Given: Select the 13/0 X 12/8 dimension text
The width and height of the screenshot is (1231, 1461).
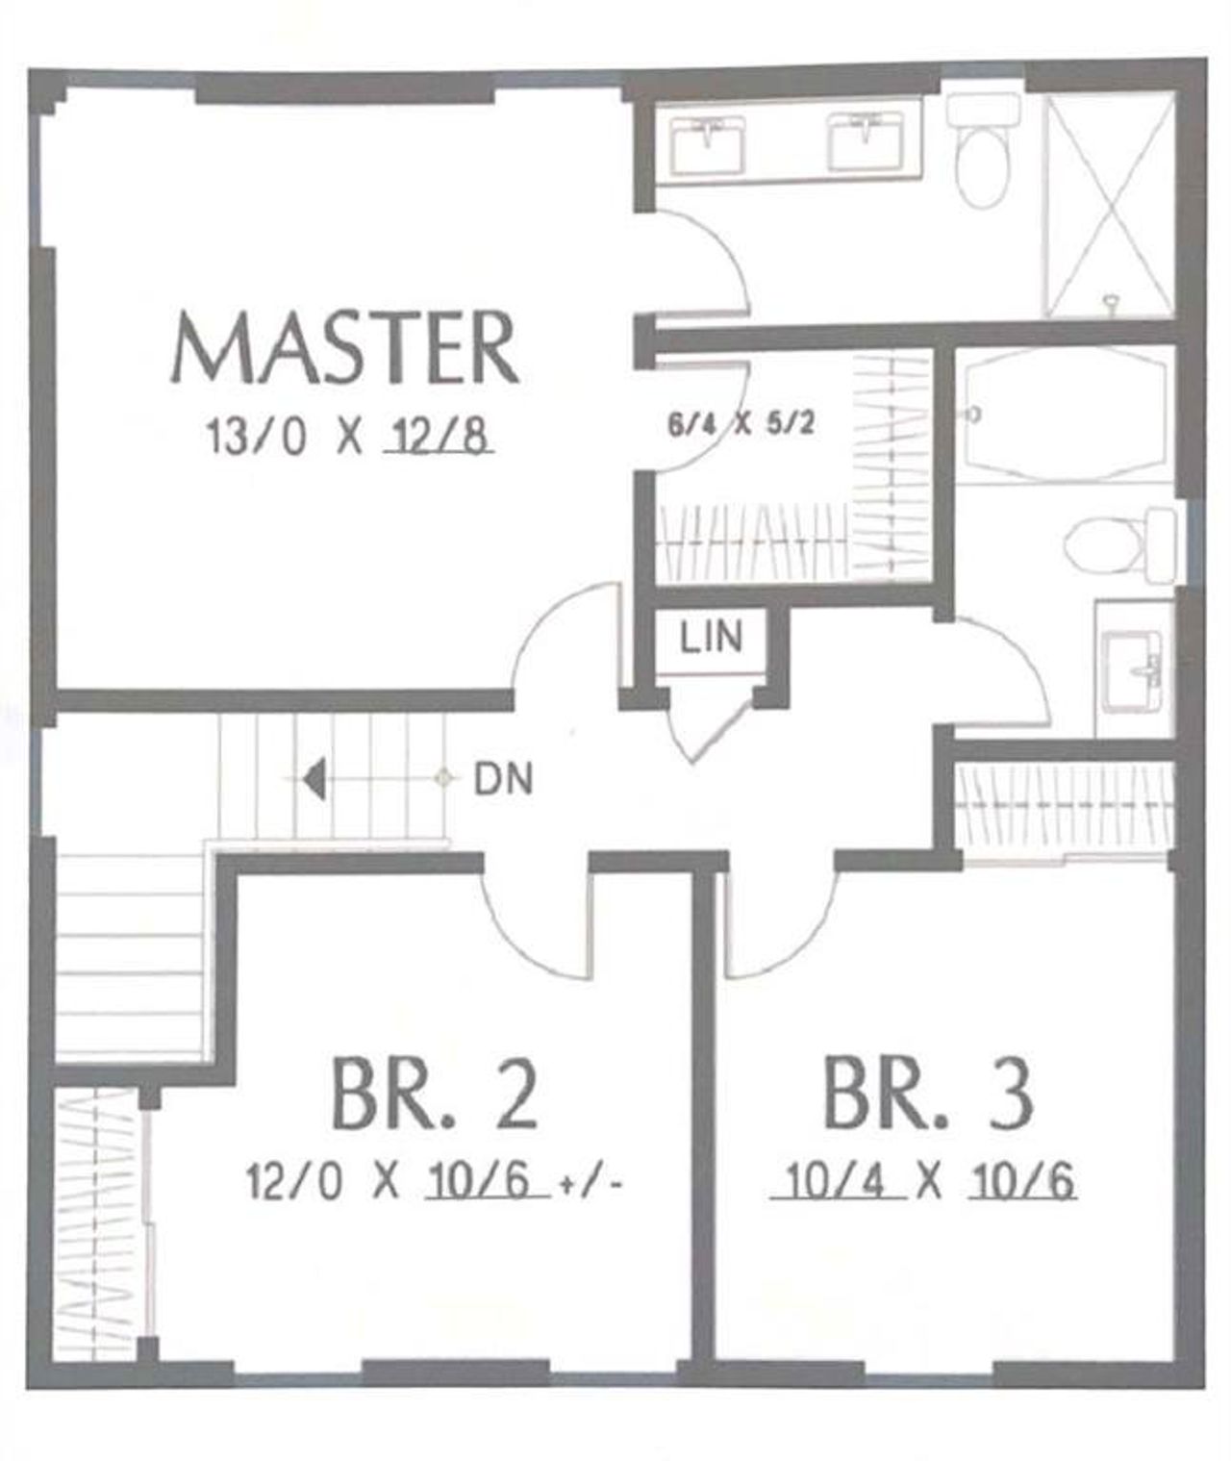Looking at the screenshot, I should pyautogui.click(x=351, y=438).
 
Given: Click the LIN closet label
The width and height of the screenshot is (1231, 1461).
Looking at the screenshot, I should pyautogui.click(x=712, y=637).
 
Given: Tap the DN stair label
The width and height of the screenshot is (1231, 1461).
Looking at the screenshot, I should pyautogui.click(x=503, y=778).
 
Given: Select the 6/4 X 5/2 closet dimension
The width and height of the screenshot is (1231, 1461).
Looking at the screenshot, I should pyautogui.click(x=741, y=423).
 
